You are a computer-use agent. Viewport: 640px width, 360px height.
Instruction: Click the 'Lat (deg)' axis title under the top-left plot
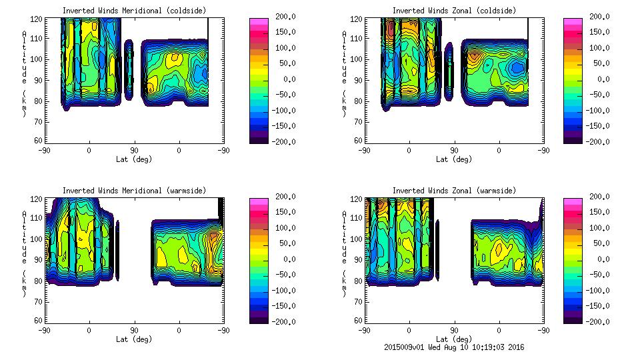[134, 159]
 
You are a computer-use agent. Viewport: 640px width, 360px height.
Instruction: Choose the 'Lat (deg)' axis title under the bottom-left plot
[134, 339]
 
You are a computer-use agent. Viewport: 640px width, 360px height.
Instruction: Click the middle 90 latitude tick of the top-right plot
[454, 151]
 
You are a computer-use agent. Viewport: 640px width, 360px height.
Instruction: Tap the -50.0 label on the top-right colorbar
[588, 95]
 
